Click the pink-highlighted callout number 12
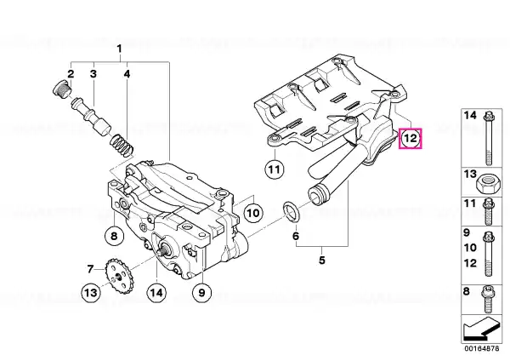pyautogui.click(x=411, y=139)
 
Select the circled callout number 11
pyautogui.click(x=275, y=169)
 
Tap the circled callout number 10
pyautogui.click(x=253, y=213)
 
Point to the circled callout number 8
pyautogui.click(x=114, y=235)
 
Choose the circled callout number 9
pyautogui.click(x=201, y=293)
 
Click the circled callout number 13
pyautogui.click(x=91, y=292)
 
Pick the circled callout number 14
pyautogui.click(x=156, y=292)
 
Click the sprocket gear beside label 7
pyautogui.click(x=117, y=276)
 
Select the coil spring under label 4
pyautogui.click(x=122, y=145)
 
